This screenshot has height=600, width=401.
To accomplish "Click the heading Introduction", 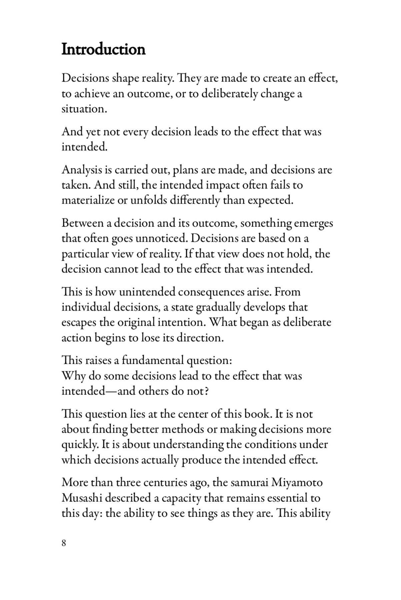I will tap(104, 50).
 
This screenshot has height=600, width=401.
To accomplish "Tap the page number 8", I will tap(64, 543).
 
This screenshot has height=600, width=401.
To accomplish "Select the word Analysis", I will tap(82, 170).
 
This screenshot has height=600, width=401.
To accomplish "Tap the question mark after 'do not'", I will tap(207, 391).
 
